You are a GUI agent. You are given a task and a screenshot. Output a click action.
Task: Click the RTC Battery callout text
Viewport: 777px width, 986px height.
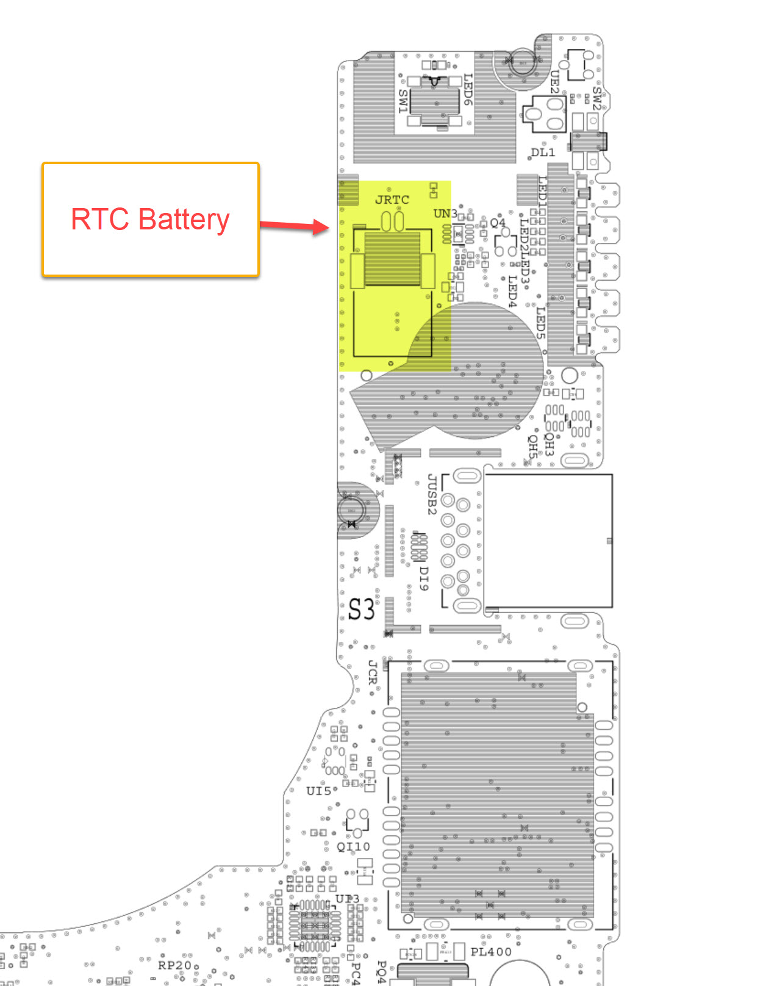point(150,220)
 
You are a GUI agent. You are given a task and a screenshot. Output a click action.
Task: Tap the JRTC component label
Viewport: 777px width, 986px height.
point(392,200)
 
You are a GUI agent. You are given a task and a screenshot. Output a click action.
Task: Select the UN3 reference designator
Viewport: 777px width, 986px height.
point(445,214)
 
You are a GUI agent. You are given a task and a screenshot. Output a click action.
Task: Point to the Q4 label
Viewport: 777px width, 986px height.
point(498,223)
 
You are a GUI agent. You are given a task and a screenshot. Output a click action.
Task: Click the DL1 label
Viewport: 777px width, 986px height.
point(543,153)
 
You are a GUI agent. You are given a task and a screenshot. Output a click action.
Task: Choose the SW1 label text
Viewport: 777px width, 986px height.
point(403,101)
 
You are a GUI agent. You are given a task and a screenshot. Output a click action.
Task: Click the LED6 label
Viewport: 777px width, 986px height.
point(468,90)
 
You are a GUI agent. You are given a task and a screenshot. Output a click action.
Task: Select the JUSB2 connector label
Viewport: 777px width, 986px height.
point(432,494)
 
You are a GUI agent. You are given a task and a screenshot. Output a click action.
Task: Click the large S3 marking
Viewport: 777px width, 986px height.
point(361,610)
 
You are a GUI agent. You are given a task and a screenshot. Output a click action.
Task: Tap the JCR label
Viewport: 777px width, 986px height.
point(373,672)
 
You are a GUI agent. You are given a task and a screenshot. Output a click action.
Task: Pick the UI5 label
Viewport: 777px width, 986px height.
point(318,791)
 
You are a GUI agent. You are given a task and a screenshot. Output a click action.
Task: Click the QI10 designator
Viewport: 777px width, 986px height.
point(353,847)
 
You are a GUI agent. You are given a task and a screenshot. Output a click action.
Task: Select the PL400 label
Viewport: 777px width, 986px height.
point(491,952)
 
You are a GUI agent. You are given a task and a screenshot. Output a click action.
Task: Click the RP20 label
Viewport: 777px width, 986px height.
point(174,965)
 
